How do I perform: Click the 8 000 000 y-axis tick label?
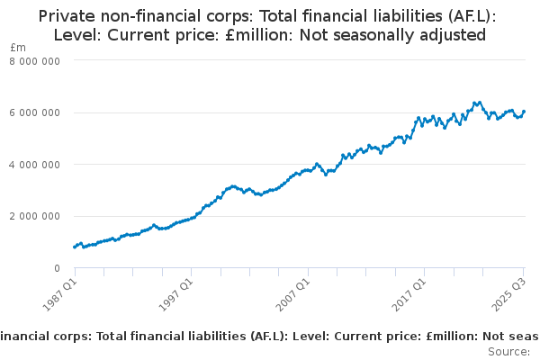(36, 60)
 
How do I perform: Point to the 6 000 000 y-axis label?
(36, 112)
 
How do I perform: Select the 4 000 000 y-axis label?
(36, 165)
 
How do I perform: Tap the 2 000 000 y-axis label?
(36, 216)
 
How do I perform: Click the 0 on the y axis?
(57, 268)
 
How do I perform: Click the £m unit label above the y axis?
(18, 47)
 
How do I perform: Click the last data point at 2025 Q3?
(525, 112)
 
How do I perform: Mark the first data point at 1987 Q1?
(74, 247)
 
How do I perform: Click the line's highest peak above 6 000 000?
(479, 102)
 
